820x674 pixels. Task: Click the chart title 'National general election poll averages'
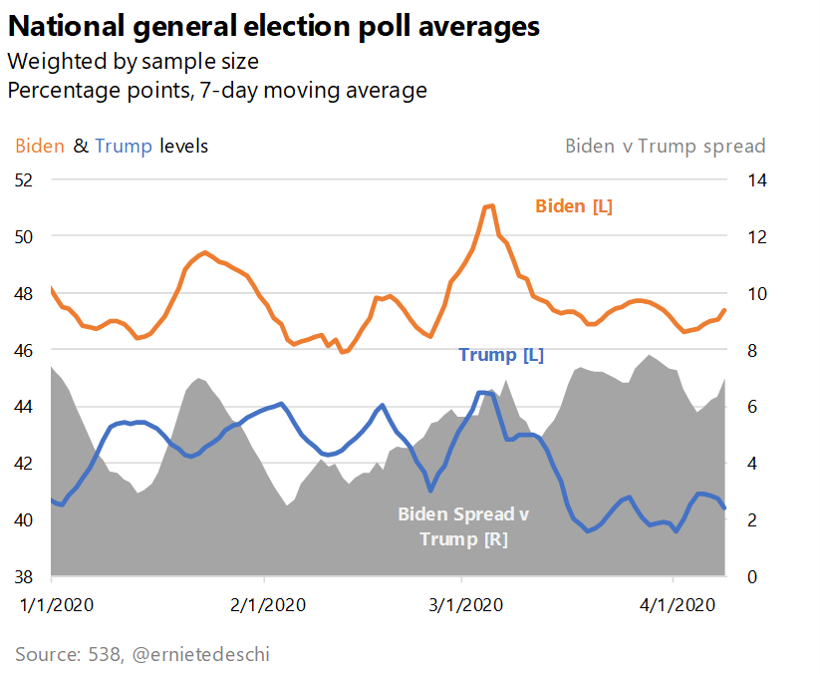274,26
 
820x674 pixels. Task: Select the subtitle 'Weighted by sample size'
133,61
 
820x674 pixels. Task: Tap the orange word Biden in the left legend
40,146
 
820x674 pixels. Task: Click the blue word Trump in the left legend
124,146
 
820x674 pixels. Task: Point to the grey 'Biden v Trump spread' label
665,146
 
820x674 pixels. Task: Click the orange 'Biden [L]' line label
574,206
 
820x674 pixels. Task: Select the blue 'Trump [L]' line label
501,354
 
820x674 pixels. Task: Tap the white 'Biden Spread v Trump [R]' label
463,526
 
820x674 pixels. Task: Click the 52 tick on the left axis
24,179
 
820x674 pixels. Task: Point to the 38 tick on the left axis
24,576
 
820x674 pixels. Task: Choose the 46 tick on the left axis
24,350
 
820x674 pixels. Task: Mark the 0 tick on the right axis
743,576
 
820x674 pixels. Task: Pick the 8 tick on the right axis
743,350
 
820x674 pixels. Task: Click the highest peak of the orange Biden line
490,205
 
